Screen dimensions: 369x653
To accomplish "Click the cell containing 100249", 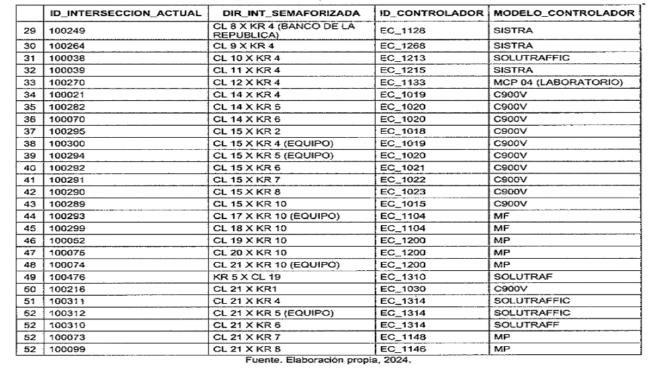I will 63,30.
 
